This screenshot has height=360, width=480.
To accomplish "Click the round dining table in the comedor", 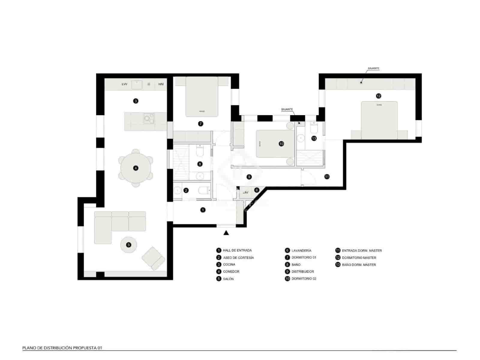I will pyautogui.click(x=136, y=168).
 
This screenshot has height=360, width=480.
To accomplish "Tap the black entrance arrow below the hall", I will pyautogui.click(x=226, y=232).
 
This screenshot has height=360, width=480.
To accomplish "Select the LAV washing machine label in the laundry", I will pyautogui.click(x=245, y=192).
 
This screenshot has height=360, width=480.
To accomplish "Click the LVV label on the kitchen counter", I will pyautogui.click(x=124, y=84).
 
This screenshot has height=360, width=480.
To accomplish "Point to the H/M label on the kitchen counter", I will pyautogui.click(x=161, y=84).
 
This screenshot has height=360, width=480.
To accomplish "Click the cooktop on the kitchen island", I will pyautogui.click(x=148, y=118).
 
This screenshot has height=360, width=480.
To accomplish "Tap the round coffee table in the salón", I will pyautogui.click(x=129, y=245).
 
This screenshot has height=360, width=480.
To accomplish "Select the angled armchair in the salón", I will pyautogui.click(x=153, y=258).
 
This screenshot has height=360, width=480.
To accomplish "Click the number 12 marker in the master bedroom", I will pyautogui.click(x=378, y=96).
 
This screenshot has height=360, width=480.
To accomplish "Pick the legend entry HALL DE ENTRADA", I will pyautogui.click(x=237, y=250).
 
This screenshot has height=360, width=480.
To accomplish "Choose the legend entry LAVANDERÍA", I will pyautogui.click(x=301, y=250).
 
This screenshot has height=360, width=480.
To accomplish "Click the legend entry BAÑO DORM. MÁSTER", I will pyautogui.click(x=359, y=265).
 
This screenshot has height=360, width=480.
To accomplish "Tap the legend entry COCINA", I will pyautogui.click(x=229, y=265).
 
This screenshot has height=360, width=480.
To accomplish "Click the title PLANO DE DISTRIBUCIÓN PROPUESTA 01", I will pyautogui.click(x=62, y=348).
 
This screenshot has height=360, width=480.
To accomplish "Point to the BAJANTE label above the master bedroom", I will pyautogui.click(x=373, y=68).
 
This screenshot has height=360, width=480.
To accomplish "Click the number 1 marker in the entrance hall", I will pyautogui.click(x=203, y=210).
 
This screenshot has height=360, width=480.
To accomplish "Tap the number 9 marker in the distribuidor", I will pyautogui.click(x=249, y=177).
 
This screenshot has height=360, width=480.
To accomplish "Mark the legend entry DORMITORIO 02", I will pyautogui.click(x=304, y=279).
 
